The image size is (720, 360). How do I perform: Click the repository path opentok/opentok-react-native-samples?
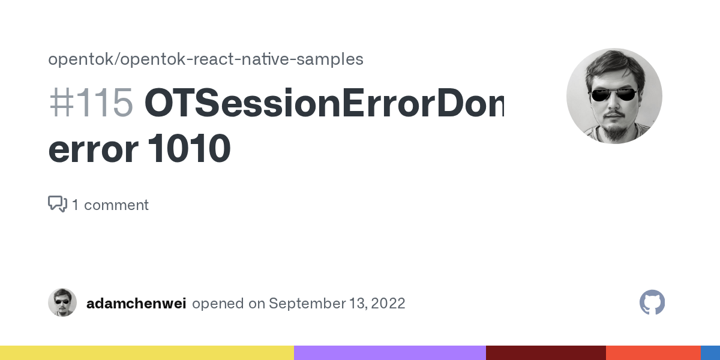pos(205,59)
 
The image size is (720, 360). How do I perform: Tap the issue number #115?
pos(91,103)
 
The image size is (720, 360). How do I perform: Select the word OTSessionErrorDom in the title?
pos(324,103)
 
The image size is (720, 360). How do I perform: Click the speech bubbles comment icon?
pos(57,204)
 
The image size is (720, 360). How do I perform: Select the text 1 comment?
pos(110,205)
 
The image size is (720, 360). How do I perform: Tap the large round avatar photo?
pos(614,96)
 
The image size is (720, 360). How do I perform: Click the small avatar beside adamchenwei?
pos(62,302)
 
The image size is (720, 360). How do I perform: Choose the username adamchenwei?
pos(136,303)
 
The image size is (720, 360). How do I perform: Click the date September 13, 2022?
pos(337,303)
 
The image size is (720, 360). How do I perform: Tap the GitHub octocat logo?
pos(652,303)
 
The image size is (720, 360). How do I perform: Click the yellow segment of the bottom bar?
pos(147,353)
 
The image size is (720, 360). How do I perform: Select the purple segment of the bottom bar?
pos(390,353)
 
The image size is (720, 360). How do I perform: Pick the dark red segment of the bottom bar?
pos(546,353)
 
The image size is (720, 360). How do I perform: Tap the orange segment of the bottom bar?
pos(653,353)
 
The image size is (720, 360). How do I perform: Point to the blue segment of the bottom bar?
pos(710,353)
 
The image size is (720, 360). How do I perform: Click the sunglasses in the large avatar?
pos(613,94)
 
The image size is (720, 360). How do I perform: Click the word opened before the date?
pos(218,303)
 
